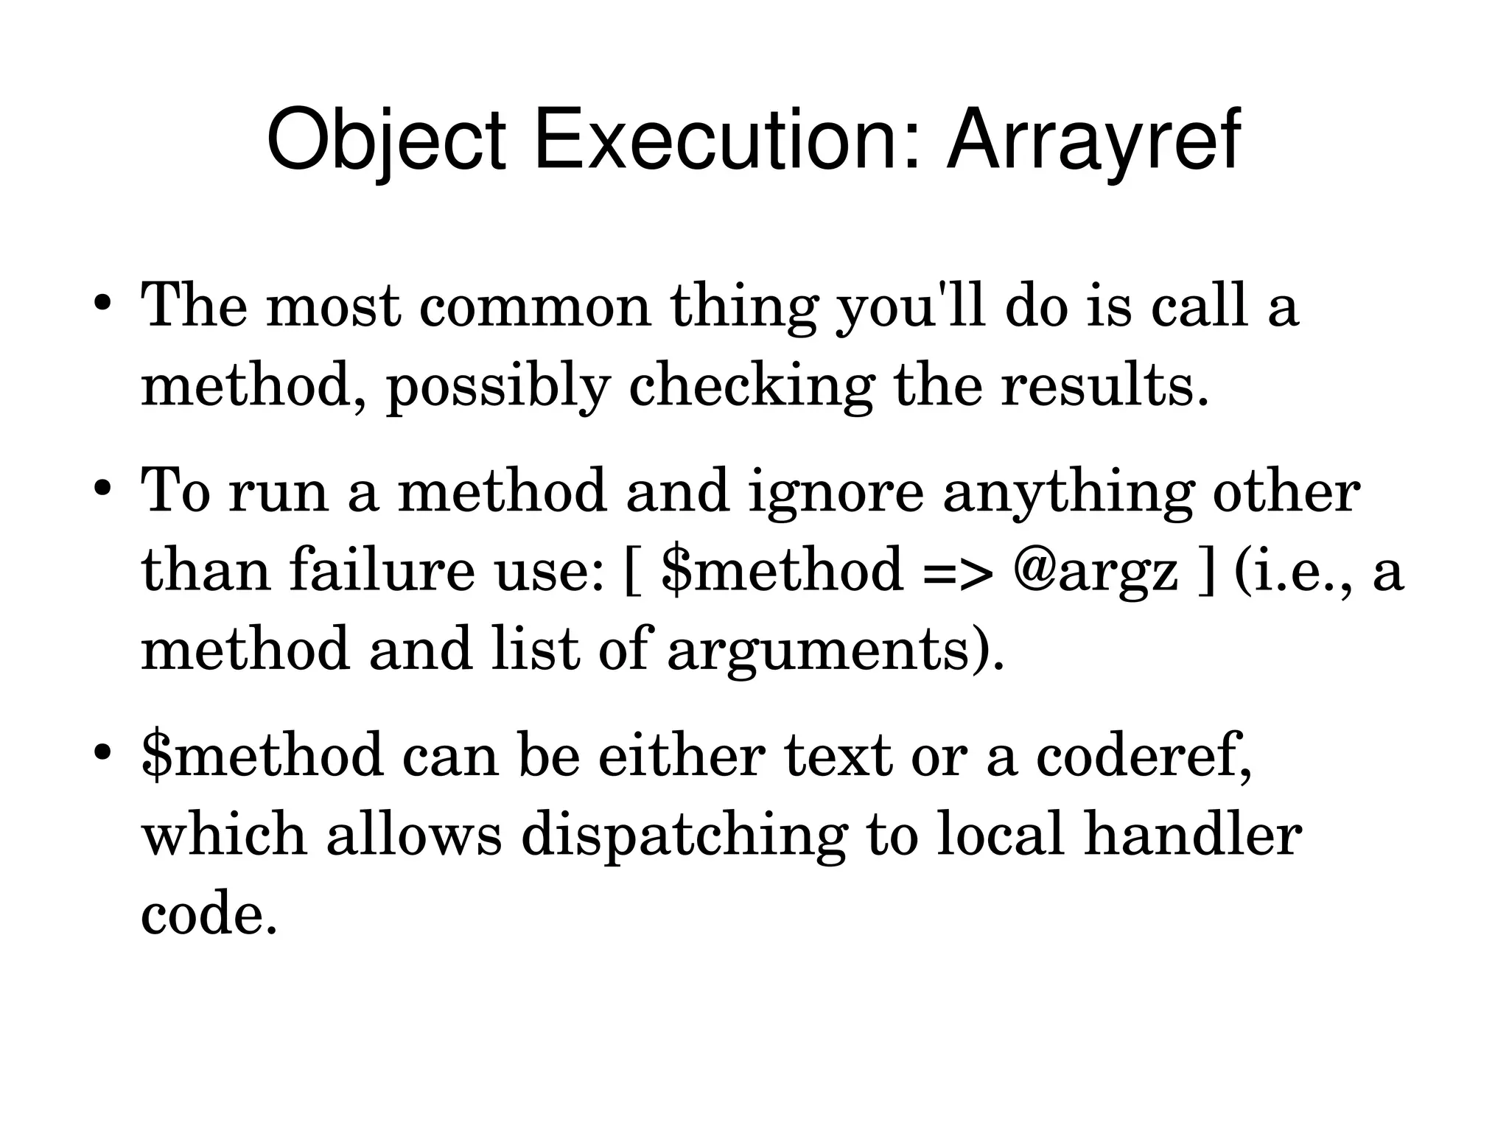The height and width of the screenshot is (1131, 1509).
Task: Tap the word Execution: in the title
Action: click(727, 140)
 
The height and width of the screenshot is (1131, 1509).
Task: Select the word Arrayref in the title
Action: click(1093, 140)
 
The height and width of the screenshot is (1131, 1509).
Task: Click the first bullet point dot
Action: click(102, 304)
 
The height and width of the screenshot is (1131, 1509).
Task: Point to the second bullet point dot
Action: click(102, 489)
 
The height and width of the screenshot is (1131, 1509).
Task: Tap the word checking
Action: click(752, 386)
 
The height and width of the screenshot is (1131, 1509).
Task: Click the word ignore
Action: click(836, 492)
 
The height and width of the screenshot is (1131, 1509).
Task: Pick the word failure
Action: click(382, 570)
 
